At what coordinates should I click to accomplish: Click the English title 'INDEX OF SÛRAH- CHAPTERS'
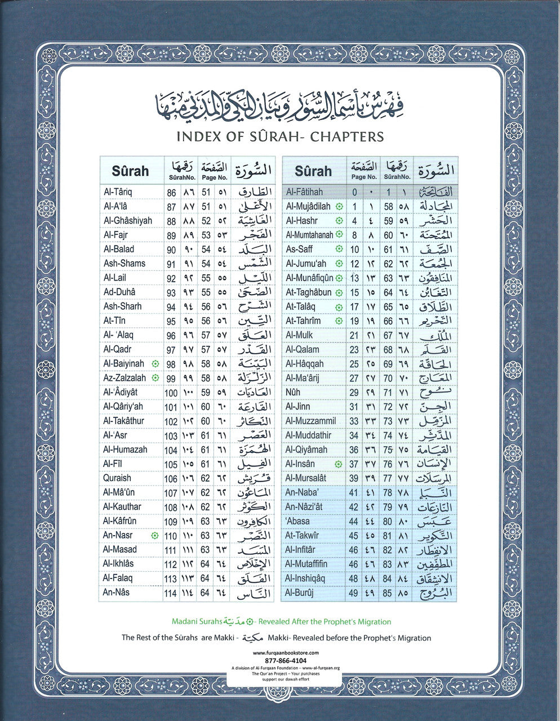point(280,137)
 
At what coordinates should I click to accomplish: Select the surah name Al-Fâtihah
point(304,192)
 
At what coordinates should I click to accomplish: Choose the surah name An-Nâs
point(116,593)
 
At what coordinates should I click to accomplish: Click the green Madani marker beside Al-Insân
point(338,464)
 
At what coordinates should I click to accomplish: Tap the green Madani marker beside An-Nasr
point(155,536)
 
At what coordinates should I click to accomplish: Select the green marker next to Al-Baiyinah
point(155,364)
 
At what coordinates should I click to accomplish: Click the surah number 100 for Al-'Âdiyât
point(171,393)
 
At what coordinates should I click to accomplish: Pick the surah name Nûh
point(293,393)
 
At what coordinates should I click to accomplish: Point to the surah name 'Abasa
point(297,522)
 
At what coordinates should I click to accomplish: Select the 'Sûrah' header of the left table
point(130,171)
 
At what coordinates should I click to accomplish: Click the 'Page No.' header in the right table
point(364,176)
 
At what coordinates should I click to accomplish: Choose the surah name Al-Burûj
point(300,593)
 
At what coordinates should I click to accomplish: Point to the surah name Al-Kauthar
point(122,507)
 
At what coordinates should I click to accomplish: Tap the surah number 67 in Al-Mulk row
point(388,336)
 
